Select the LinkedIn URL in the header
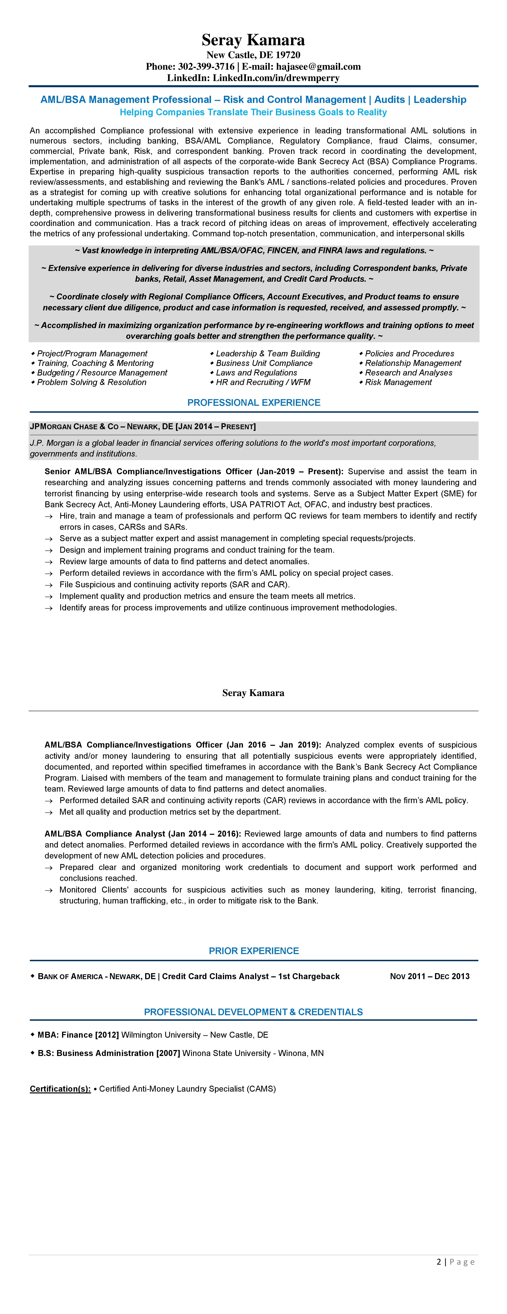click(276, 78)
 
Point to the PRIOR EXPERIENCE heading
click(254, 951)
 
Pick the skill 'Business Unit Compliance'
click(264, 363)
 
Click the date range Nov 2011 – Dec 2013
click(429, 976)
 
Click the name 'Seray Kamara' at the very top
click(253, 40)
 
